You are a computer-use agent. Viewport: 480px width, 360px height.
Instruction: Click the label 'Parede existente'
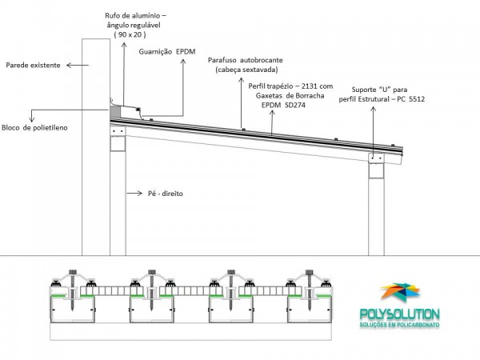33,66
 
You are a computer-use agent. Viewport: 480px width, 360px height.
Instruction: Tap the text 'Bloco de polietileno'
34,128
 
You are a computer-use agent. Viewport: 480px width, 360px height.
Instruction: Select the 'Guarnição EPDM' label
167,52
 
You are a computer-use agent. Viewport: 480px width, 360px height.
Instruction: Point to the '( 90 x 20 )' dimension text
130,34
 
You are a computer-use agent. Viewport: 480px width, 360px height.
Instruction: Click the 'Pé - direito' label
166,194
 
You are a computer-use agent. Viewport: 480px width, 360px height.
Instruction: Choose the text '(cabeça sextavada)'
246,70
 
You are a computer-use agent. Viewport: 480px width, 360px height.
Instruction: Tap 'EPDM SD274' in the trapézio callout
283,106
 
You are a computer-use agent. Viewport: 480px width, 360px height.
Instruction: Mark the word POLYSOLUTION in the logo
399,314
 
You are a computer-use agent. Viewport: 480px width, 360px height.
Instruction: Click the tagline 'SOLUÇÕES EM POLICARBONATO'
399,325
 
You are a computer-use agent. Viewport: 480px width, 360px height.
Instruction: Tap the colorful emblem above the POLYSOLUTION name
400,292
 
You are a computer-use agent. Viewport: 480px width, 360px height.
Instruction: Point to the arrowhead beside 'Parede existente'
69,66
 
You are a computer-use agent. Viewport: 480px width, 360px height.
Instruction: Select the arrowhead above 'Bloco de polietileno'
31,120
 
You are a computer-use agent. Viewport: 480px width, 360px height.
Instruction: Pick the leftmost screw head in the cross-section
73,272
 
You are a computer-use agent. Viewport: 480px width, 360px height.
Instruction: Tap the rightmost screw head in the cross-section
309,272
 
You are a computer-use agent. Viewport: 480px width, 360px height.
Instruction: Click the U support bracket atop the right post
376,158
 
